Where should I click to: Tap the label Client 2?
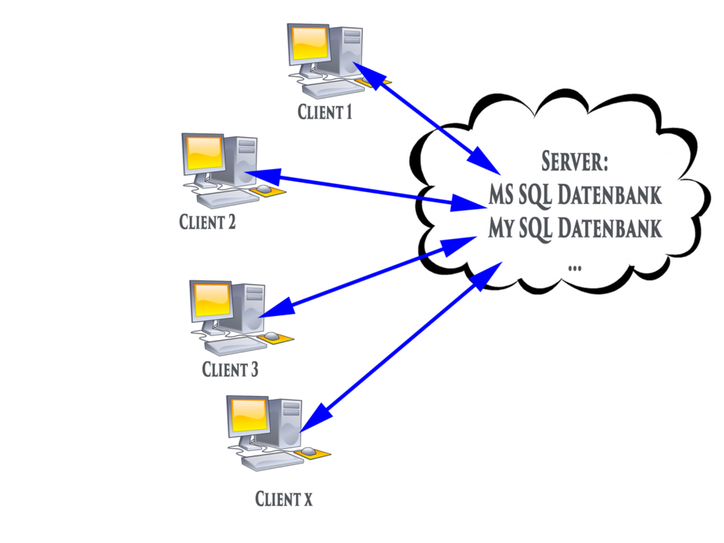[x=208, y=221]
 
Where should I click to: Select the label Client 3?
[x=230, y=369]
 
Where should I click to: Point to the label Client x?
[x=283, y=499]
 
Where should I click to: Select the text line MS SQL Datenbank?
[x=575, y=195]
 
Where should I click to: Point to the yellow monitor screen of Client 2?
[x=203, y=153]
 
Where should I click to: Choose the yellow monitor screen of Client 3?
[x=211, y=300]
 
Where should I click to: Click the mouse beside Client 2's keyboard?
[x=264, y=191]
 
